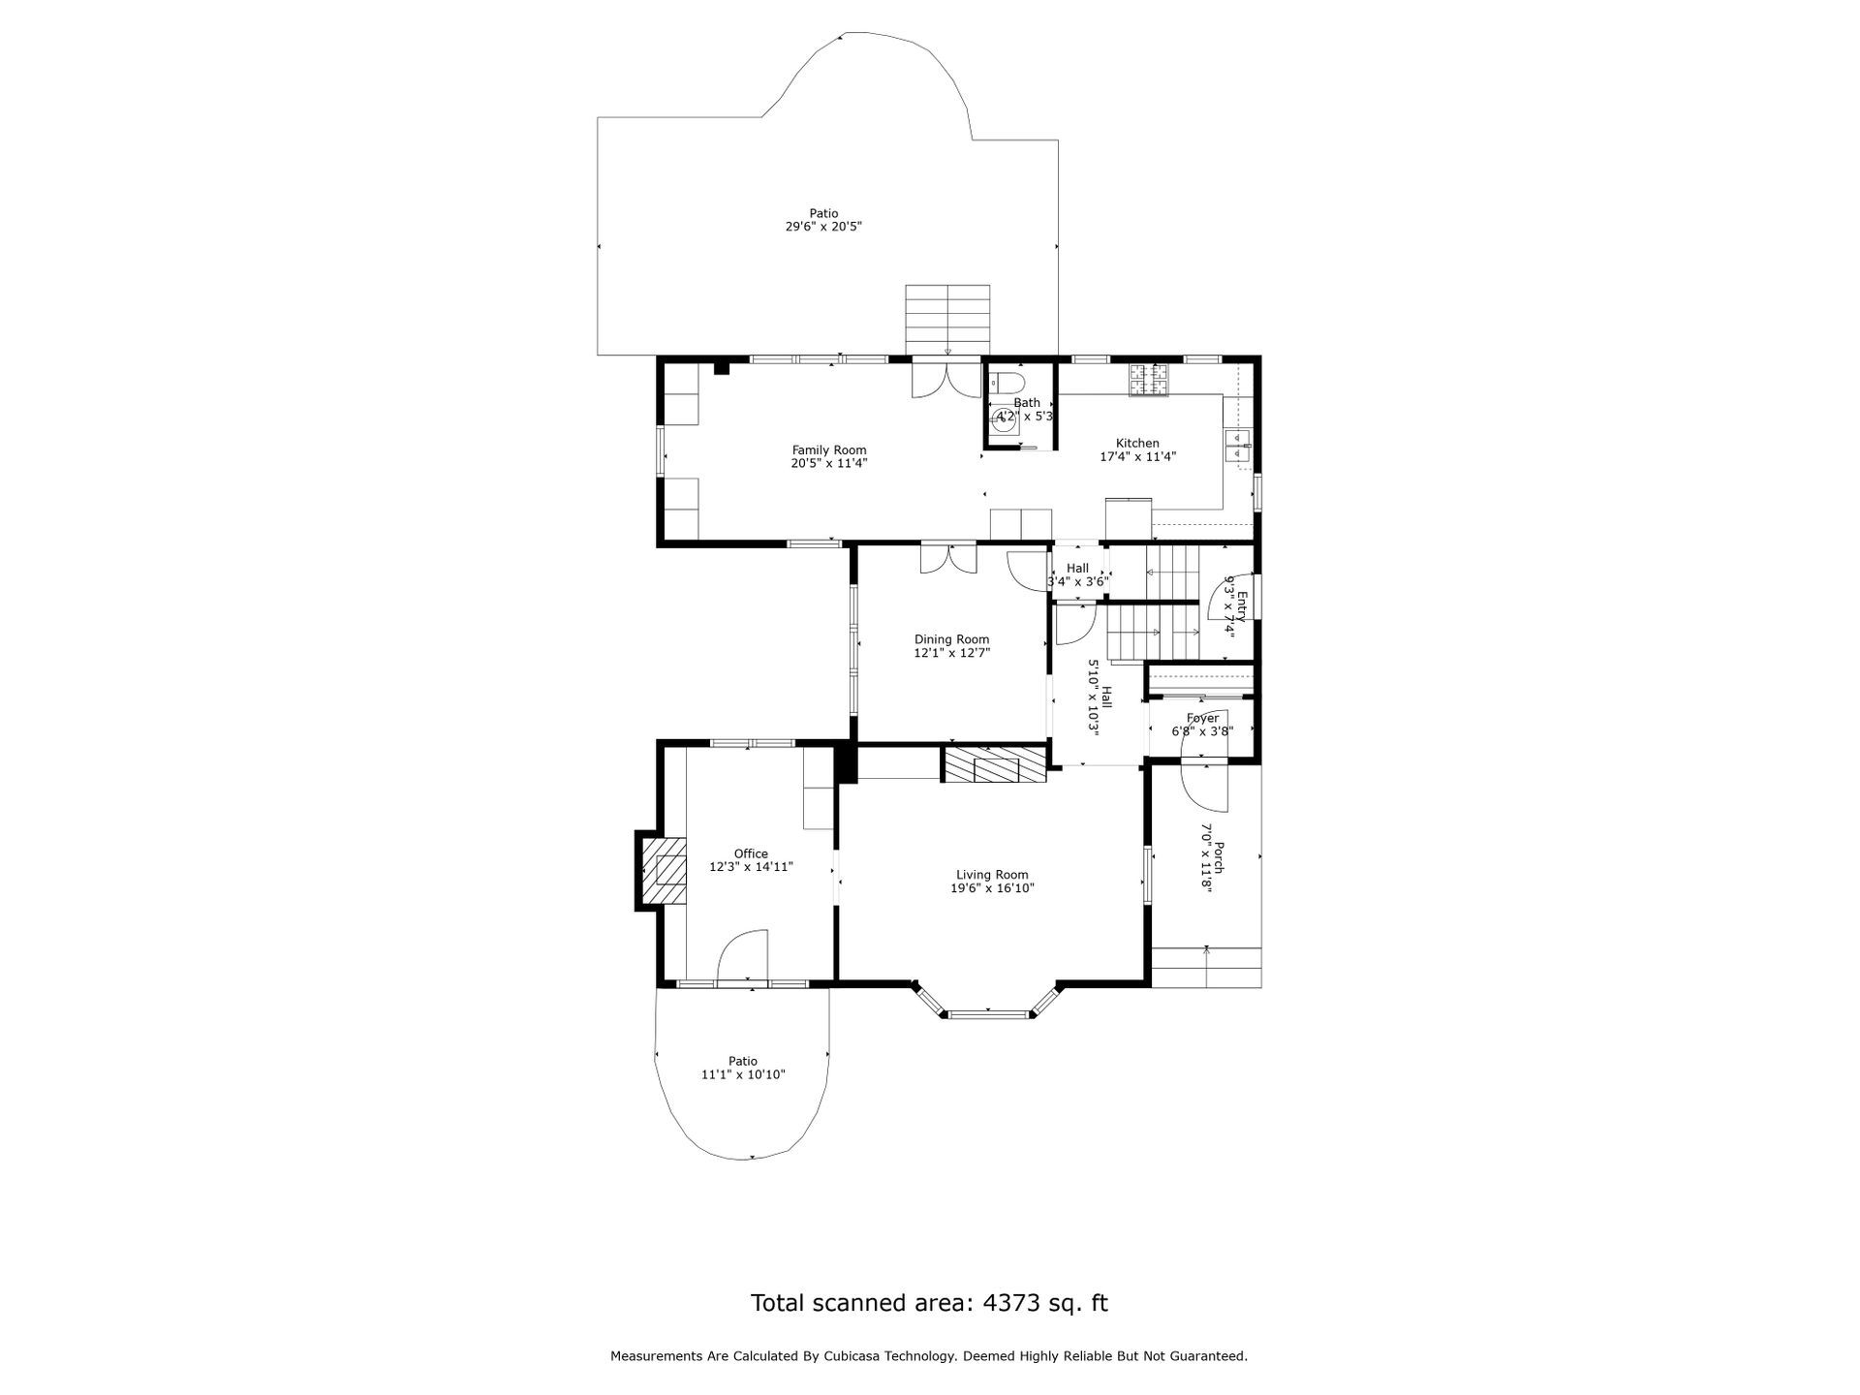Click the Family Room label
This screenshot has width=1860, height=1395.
click(829, 449)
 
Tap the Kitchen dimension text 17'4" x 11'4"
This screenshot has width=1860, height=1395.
click(1137, 456)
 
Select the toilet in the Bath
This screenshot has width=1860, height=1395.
click(1007, 380)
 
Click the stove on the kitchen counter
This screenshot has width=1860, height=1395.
click(1149, 379)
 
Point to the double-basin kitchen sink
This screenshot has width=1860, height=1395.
click(1238, 449)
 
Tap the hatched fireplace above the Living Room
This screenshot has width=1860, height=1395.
click(996, 763)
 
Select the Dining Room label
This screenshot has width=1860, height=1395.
click(951, 639)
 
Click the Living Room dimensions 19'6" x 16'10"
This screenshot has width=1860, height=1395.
click(992, 887)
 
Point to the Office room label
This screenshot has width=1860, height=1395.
click(751, 853)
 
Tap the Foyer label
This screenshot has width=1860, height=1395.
click(1202, 718)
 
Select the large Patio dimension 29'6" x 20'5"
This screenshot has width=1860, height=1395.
click(823, 227)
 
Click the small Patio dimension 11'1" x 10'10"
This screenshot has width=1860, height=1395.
click(743, 1074)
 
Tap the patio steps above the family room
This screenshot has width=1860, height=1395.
click(947, 320)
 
